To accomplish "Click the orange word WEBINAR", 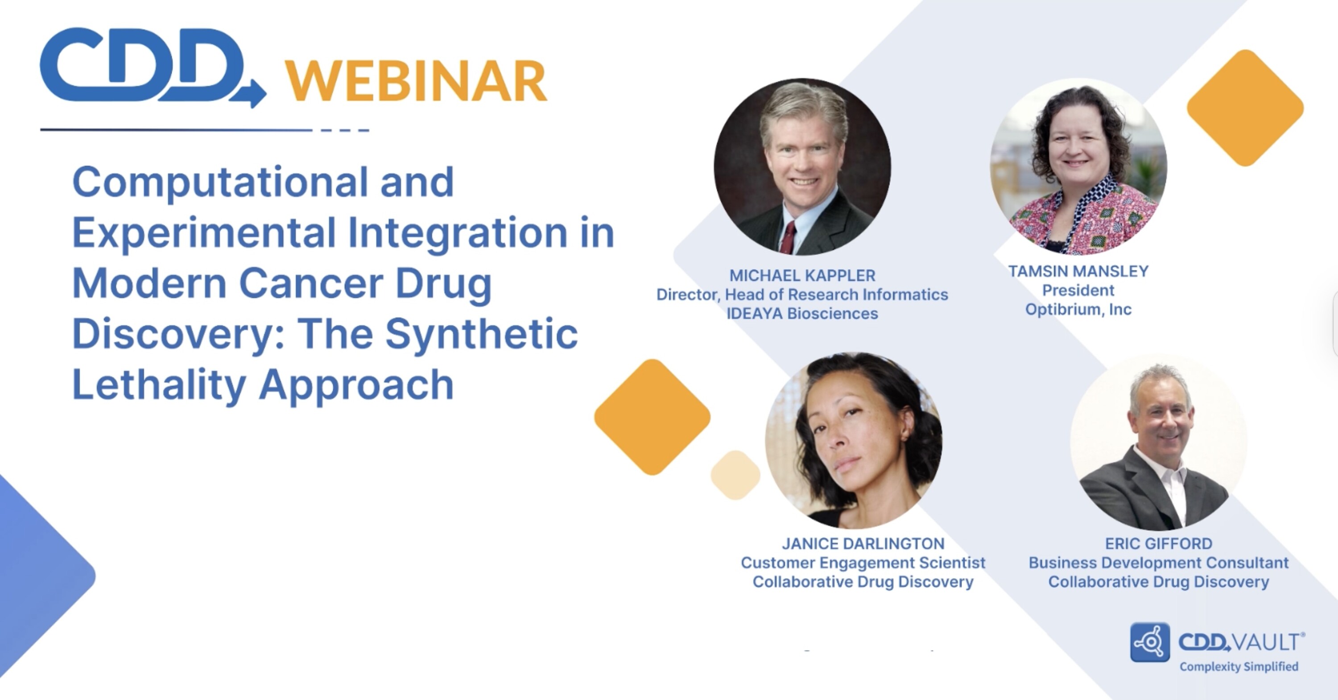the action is coord(416,81).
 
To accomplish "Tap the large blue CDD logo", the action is coord(153,67).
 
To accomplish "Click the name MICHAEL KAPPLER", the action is coord(802,275).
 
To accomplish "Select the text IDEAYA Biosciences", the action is coord(802,314).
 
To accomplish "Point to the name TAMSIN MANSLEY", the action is coord(1078,271).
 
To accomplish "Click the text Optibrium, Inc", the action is coord(1078,310).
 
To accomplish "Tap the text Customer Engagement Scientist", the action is coord(863,563).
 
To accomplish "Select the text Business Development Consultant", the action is coord(1159,563).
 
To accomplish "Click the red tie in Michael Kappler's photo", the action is coord(789,238).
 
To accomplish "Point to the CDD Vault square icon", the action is coord(1150,642).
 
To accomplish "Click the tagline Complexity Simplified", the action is coord(1239,667).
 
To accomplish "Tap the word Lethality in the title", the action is coord(159,385).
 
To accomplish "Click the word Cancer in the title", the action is coord(310,284).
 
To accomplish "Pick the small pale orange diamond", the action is coord(735,476).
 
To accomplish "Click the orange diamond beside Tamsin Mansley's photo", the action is coord(1245,108).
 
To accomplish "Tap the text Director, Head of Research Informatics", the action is coord(802,294).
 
